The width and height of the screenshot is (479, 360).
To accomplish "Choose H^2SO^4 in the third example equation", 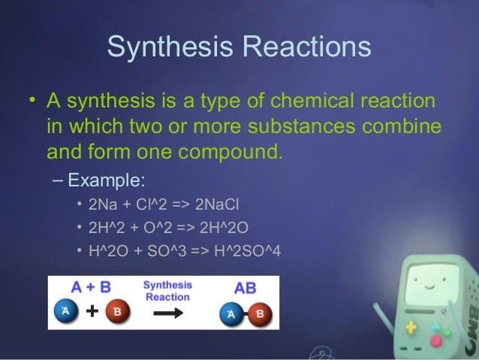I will pos(246,250).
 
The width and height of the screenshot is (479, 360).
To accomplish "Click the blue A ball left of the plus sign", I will pos(65,312).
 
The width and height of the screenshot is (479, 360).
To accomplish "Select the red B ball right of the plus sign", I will pos(119,312).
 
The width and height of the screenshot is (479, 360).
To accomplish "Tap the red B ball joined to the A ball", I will pos(260,313).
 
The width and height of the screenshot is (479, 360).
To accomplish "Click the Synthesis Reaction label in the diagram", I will pos(167,291).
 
